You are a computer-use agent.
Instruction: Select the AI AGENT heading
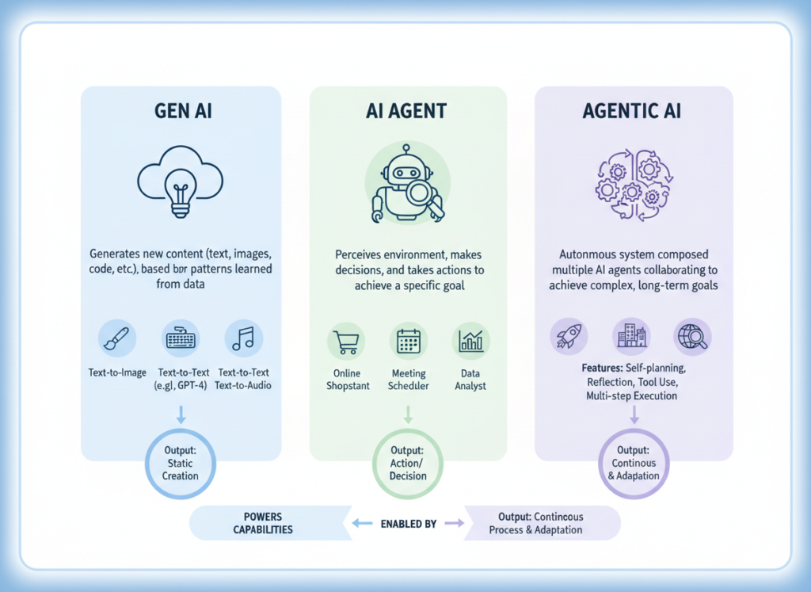click(407, 111)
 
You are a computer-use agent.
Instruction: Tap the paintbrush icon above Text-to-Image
click(117, 338)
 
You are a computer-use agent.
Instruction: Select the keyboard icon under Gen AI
click(181, 338)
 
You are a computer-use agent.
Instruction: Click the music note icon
click(243, 338)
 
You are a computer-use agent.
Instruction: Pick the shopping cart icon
click(345, 341)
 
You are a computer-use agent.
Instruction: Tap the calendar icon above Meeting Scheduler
click(408, 341)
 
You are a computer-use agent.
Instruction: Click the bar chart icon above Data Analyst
click(471, 341)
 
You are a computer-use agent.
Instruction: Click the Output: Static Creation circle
click(181, 464)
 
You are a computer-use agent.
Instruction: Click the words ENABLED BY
click(408, 524)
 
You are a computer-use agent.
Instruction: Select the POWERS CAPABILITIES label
click(264, 523)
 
